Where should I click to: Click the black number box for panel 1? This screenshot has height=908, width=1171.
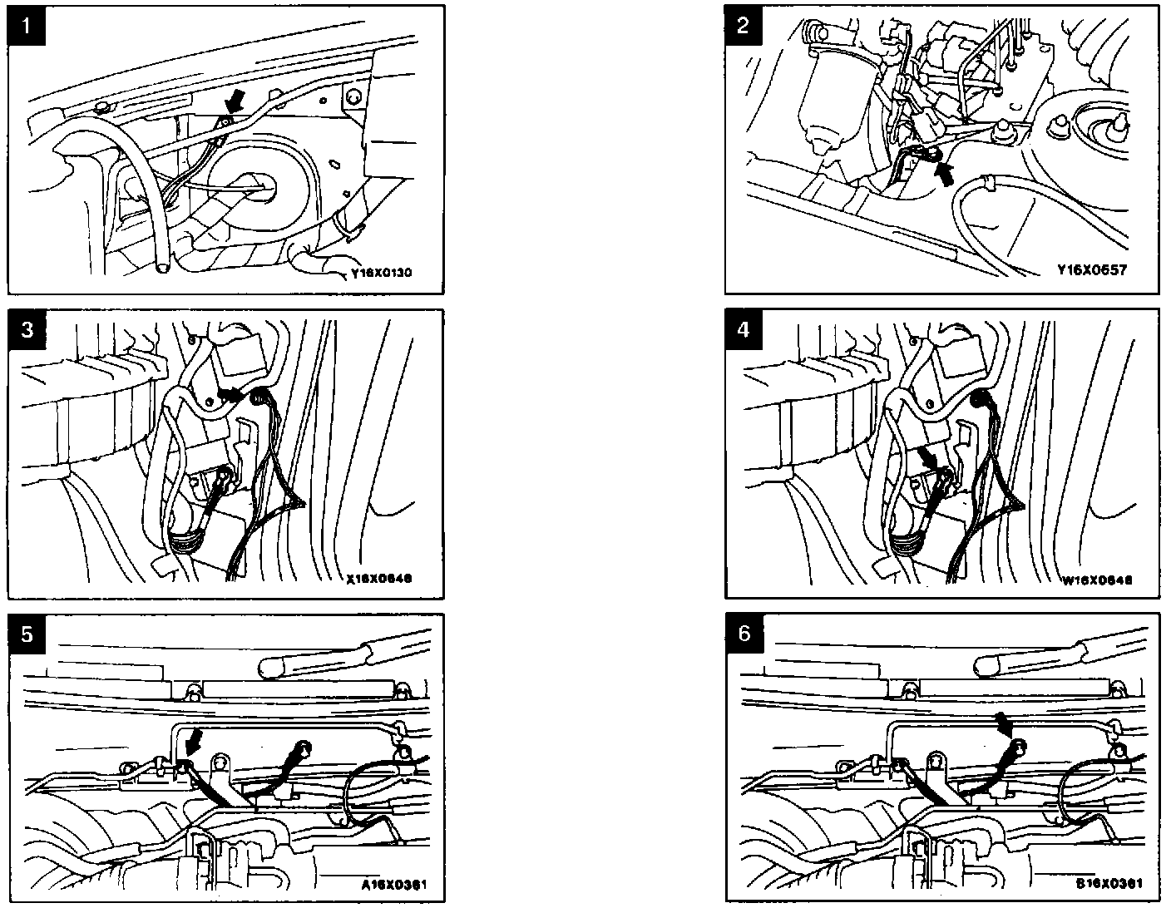click(28, 25)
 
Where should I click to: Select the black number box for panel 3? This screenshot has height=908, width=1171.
click(28, 329)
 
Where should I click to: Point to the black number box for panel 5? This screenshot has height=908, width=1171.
click(28, 634)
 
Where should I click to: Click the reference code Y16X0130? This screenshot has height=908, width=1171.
click(383, 272)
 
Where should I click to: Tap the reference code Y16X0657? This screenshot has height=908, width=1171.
click(1092, 270)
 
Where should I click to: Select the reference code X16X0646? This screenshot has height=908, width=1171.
click(378, 580)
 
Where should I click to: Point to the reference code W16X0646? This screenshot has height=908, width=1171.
click(1097, 580)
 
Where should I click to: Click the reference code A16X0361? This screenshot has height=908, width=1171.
click(394, 884)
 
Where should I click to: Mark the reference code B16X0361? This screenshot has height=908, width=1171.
click(1109, 883)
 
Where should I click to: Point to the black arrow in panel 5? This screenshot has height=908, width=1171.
click(195, 738)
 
